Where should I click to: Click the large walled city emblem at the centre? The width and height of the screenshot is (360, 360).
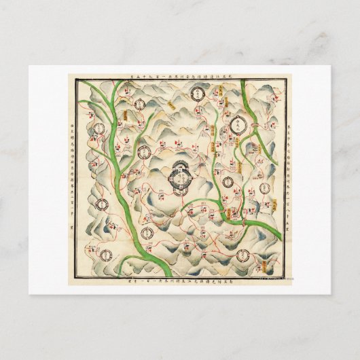[181, 177]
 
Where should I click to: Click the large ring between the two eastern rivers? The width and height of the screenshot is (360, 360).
[238, 124]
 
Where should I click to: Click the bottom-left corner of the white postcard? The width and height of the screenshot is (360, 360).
[29, 294]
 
